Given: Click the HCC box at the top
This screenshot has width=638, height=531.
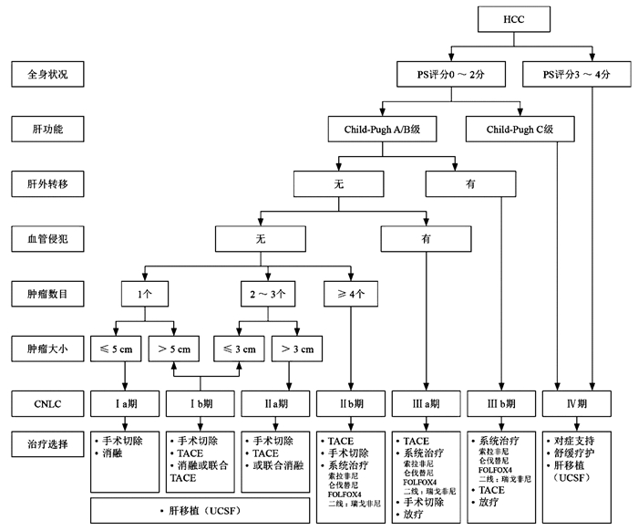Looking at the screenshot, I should click(514, 19).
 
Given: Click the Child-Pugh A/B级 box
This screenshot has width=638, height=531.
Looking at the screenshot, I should click(382, 130).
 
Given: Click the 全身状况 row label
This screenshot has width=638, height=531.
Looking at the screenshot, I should click(50, 74).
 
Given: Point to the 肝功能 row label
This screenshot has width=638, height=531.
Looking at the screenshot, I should click(50, 130).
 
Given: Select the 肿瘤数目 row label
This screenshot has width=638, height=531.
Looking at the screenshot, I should click(50, 294).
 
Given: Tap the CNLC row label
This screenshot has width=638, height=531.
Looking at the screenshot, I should click(50, 402).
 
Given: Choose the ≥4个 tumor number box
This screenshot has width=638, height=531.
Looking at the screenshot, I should click(346, 294).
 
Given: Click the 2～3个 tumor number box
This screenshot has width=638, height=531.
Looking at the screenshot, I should click(267, 294).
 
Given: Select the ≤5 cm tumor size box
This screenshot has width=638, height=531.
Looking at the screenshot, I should click(117, 349).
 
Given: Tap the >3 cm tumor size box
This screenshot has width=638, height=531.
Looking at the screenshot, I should click(296, 349).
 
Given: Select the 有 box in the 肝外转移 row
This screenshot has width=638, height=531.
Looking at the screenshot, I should click(470, 184).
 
